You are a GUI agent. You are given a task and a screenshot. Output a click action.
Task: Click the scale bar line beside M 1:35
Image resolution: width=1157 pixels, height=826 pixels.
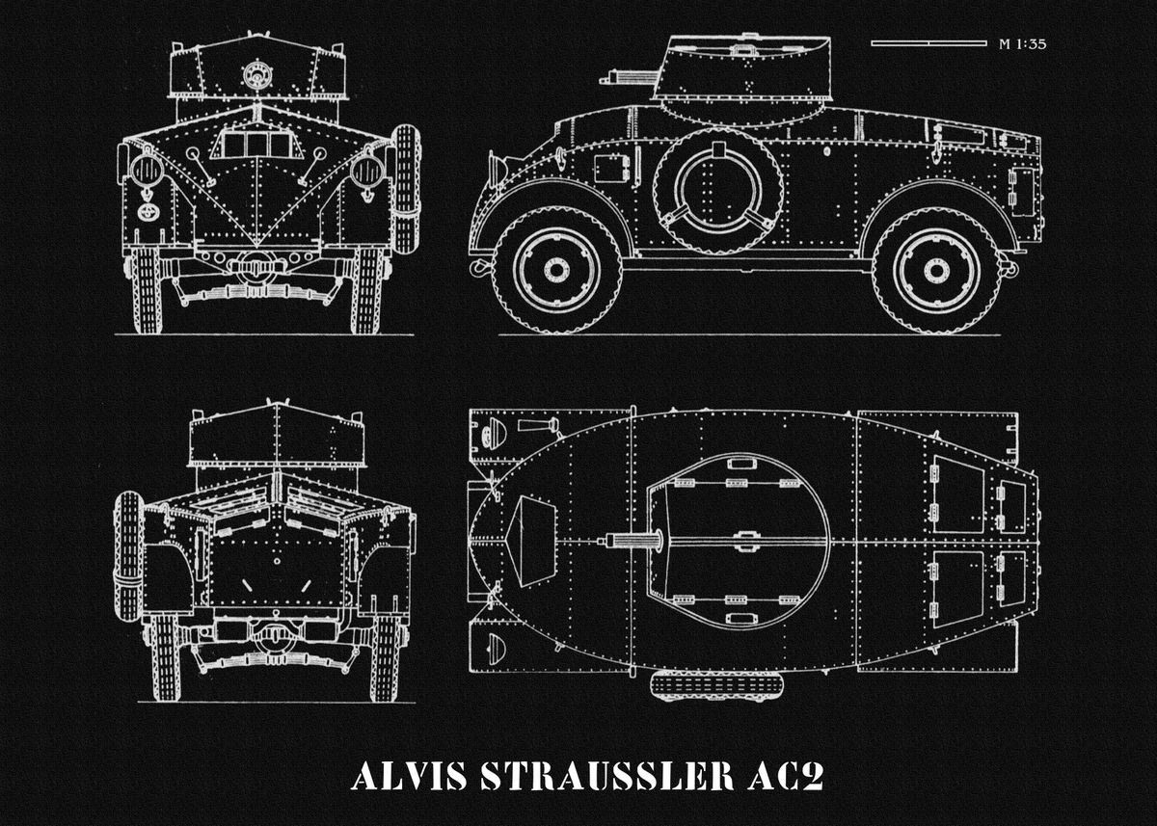[928, 43]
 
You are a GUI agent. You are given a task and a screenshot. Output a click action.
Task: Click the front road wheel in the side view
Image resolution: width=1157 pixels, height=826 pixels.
[556, 270]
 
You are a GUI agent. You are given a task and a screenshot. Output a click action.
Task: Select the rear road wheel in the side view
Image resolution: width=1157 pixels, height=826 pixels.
[936, 270]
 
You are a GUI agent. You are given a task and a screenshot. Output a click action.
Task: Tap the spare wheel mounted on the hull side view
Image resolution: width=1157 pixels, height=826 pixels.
[718, 189]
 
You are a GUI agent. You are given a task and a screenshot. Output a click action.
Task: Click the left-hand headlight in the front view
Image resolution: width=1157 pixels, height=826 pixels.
[146, 171]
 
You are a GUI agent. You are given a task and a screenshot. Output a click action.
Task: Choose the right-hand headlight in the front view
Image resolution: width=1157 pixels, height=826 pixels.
[367, 171]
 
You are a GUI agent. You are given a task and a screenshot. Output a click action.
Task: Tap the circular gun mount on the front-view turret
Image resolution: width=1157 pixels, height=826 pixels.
[256, 73]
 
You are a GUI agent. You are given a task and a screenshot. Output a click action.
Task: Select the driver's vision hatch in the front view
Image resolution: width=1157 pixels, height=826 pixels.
[256, 145]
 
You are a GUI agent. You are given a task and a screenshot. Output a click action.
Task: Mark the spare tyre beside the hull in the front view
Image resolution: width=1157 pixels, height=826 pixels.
[406, 188]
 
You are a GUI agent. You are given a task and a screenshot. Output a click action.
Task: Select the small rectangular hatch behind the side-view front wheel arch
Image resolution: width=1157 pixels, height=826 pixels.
[609, 168]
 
